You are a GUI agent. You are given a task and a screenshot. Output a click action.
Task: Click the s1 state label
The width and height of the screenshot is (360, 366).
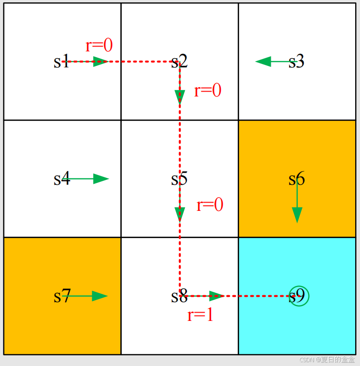(62, 62)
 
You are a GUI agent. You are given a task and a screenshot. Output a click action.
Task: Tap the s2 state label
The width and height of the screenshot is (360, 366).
(179, 62)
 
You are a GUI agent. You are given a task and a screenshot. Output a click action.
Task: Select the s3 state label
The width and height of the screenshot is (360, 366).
(296, 62)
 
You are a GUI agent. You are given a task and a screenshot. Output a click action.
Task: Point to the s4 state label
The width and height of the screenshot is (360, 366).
(62, 179)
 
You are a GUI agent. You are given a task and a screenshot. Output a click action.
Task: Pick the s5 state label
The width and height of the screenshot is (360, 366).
(179, 179)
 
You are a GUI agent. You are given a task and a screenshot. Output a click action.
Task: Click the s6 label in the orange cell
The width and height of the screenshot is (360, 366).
(296, 179)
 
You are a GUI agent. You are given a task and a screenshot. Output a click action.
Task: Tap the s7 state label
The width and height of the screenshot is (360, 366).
(62, 296)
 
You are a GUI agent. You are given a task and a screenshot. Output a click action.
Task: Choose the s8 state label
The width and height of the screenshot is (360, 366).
(179, 296)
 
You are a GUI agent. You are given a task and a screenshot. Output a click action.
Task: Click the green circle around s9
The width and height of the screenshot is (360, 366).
(299, 296)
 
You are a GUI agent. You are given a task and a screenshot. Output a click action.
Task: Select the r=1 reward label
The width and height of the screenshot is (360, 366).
(200, 315)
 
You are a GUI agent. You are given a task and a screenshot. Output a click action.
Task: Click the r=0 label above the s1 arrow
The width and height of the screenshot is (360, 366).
(99, 46)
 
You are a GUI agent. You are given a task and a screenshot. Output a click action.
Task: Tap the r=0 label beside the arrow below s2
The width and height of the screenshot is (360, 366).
(208, 91)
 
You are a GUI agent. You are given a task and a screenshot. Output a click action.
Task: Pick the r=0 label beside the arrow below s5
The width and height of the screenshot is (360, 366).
(210, 205)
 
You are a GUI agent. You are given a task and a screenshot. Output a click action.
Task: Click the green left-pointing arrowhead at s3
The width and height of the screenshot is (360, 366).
(263, 62)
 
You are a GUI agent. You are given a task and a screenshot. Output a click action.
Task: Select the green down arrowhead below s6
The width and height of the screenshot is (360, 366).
(297, 214)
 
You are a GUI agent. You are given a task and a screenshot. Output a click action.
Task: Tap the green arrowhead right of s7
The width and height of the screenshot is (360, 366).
(99, 296)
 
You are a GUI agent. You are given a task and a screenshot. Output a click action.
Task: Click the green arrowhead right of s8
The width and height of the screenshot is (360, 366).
(216, 296)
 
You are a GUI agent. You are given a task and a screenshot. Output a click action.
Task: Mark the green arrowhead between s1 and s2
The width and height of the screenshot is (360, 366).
(100, 62)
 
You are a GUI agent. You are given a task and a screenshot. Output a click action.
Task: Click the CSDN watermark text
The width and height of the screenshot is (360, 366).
(327, 360)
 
